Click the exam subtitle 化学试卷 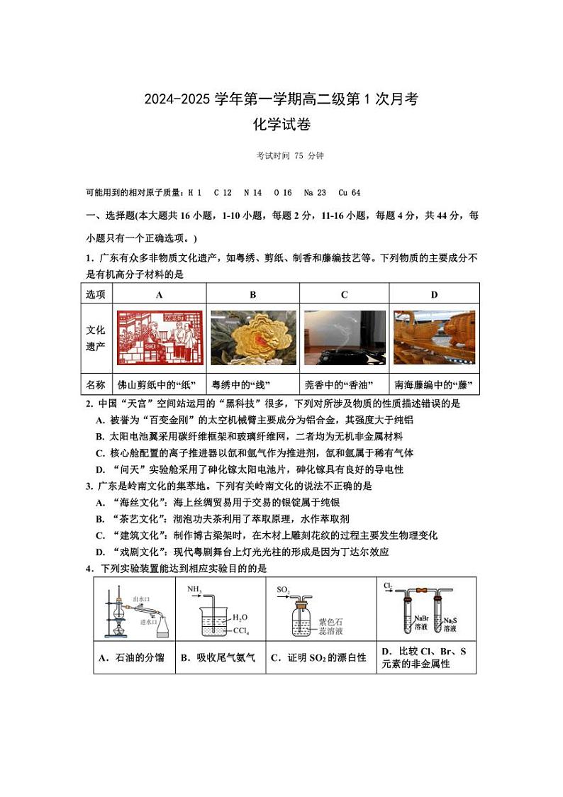coord(281,125)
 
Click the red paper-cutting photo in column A coord(160,338)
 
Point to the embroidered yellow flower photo coord(253,338)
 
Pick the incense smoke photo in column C coord(345,338)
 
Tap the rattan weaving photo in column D coord(434,338)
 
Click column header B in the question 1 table coord(253,295)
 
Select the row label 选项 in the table coord(96,295)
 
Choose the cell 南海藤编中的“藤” coord(433,385)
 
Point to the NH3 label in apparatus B coord(194,589)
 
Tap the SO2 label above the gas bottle coord(283,589)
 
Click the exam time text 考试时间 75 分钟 coord(281,156)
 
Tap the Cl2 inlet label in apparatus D coord(389,586)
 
